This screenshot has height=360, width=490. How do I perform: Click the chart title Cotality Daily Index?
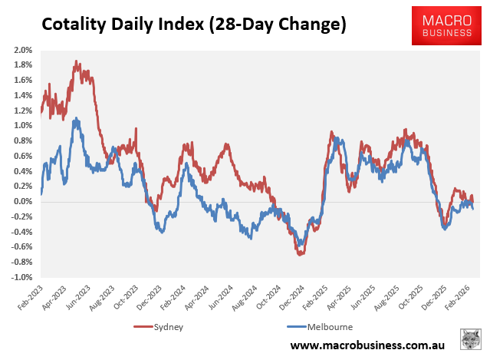point(193,25)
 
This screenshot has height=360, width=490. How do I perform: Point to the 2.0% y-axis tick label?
point(21,50)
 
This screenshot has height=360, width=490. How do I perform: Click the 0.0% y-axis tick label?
point(21,202)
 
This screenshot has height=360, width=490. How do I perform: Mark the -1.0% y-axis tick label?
point(20,277)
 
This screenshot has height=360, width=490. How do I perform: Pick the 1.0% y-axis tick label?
point(21,126)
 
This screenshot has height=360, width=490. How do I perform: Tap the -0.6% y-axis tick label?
point(20,247)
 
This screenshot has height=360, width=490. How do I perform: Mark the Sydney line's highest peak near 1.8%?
point(76,61)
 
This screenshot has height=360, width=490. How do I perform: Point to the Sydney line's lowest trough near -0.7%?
point(300,253)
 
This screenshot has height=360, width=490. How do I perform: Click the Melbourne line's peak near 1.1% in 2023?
point(76,119)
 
